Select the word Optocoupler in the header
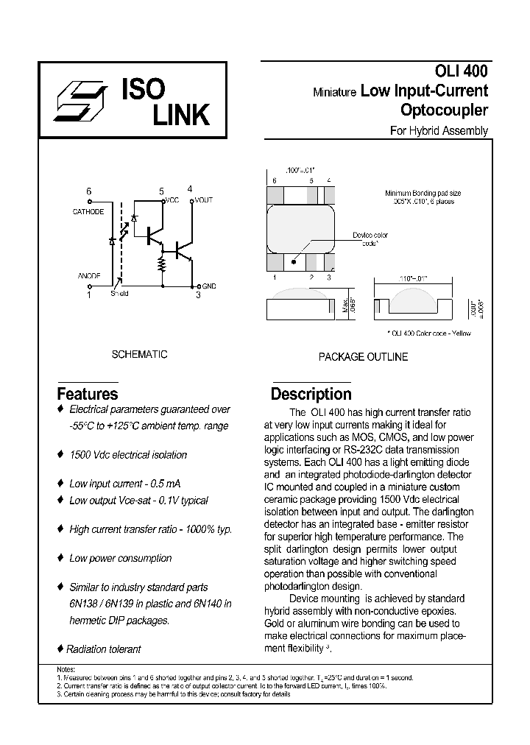[x=444, y=110]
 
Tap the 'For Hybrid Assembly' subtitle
[x=438, y=131]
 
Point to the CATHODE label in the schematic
[x=88, y=212]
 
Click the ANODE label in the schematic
[x=88, y=275]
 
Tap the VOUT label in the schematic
[x=203, y=200]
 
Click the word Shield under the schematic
[x=119, y=294]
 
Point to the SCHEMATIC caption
[x=139, y=354]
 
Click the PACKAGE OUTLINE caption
[x=363, y=356]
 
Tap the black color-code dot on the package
[x=294, y=261]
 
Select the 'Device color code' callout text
[x=370, y=239]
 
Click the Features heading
[x=88, y=394]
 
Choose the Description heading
[x=311, y=394]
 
